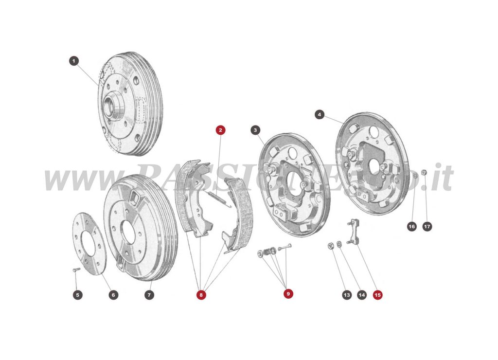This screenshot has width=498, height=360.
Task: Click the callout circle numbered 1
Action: pos(73,61)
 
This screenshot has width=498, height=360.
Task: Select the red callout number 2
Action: pos(221,130)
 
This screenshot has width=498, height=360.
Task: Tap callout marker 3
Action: pos(255,130)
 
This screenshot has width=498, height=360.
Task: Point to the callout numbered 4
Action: pos(320,115)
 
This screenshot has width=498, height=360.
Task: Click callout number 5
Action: pos(78,295)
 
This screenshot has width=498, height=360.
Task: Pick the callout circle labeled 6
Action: pos(113,295)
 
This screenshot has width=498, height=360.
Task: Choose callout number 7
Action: pos(149,295)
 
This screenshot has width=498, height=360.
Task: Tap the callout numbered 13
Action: pos(346,295)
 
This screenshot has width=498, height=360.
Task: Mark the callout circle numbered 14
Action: pos(361,295)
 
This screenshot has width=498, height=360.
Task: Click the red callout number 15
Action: pos(377,294)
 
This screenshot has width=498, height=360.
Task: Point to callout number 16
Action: pos(411,226)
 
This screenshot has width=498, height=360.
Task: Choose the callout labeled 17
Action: pos(427,226)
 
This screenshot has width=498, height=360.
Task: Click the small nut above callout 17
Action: pos(424,172)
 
